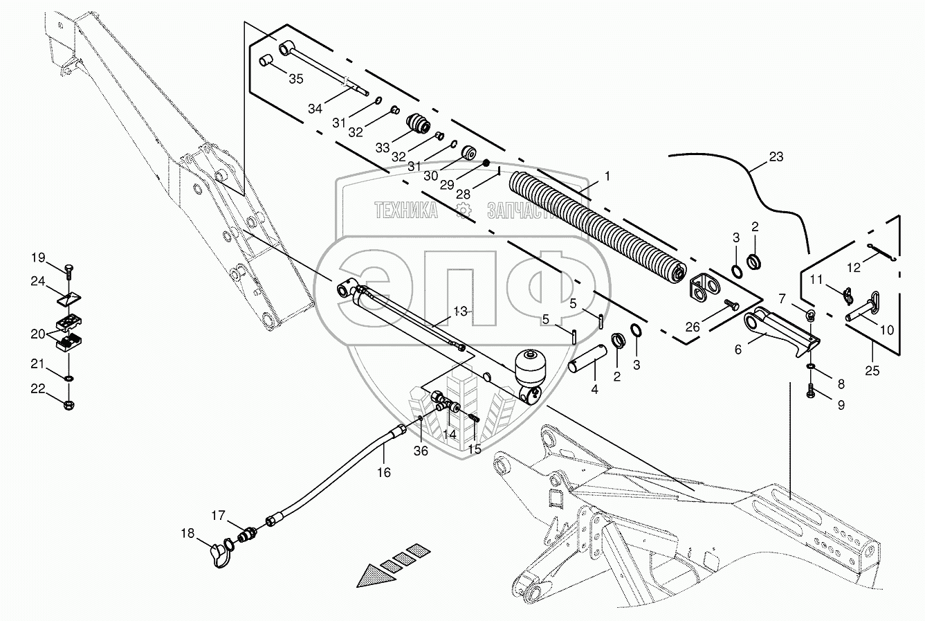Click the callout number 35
[296, 79]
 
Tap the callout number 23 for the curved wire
[776, 157]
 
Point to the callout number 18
[187, 533]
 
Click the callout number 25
[872, 370]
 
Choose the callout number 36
[421, 451]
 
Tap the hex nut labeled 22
[69, 404]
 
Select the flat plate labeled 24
[69, 298]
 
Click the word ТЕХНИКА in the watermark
[406, 210]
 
